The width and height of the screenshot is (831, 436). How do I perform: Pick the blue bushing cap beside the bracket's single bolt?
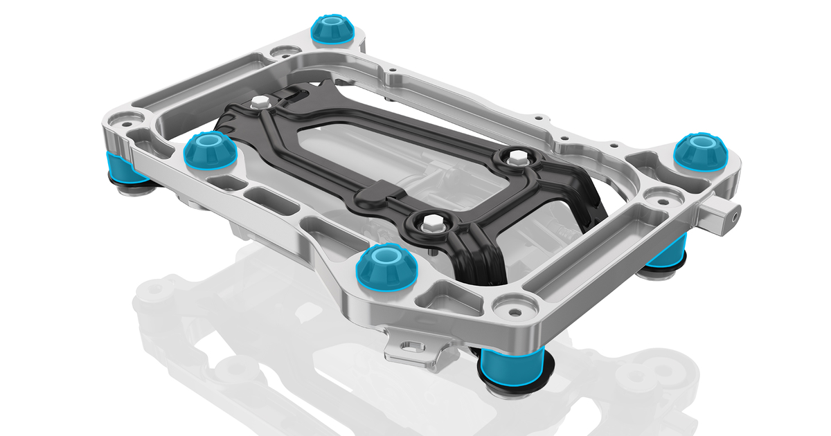coord(208,149)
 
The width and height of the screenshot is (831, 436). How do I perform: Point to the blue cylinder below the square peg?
coord(668,253)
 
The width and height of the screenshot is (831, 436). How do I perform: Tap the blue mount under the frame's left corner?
coord(120,167)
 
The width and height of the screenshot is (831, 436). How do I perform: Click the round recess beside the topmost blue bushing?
coord(283,51)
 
